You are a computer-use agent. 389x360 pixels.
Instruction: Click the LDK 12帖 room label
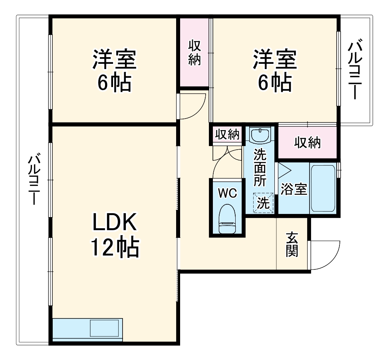click(115, 235)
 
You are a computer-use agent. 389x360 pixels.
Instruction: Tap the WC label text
click(227, 193)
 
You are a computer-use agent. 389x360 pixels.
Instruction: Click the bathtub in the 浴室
click(323, 188)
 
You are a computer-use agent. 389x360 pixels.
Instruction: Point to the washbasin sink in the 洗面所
click(260, 135)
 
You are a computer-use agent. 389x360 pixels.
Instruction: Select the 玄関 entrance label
click(292, 244)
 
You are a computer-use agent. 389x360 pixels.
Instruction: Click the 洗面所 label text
click(260, 167)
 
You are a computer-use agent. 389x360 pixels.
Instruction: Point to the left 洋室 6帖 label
click(115, 70)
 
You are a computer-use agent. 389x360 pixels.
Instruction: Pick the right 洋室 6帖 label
click(274, 70)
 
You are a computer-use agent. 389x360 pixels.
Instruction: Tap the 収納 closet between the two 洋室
click(194, 53)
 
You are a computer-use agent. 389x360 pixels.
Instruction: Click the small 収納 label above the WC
click(227, 135)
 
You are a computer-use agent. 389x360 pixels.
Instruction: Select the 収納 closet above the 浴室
click(307, 142)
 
